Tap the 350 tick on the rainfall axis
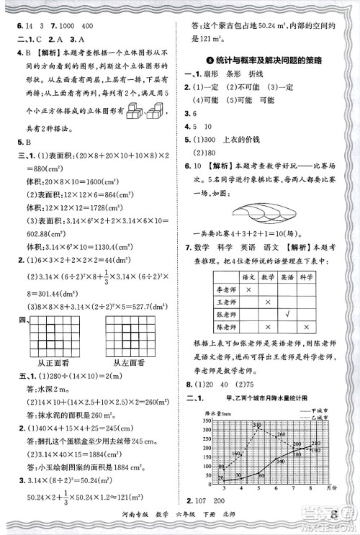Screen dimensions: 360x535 tap(207, 421)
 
